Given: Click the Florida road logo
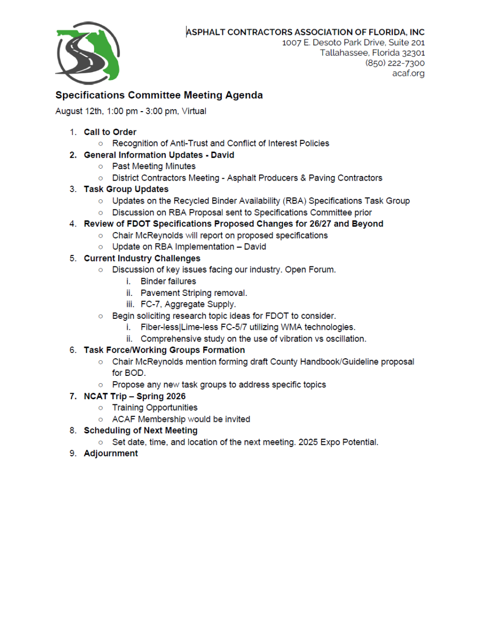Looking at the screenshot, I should pos(87,52).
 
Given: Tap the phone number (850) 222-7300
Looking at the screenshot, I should pos(395,63).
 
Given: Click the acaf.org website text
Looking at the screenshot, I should pos(408,73).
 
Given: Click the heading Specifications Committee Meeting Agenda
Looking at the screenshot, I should pos(159,96).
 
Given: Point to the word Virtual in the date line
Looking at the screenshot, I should pos(194,111).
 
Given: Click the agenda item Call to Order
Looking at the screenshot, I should pos(110,132).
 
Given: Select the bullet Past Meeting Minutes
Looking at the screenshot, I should pos(154,166).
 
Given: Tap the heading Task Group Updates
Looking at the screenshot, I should pos(126,189).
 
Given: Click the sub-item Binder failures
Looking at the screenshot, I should pos(168,281).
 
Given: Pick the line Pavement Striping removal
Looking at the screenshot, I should pos(194,293).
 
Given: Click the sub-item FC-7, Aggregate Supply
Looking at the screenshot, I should pos(188,304).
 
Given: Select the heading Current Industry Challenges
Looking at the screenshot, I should pos(142,258).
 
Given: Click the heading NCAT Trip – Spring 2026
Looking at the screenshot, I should pos(135,396).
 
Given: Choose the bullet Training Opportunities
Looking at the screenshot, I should pos(155,408).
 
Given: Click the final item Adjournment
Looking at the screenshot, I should pos(111,453).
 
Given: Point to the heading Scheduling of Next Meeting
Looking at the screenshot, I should pos(140,430).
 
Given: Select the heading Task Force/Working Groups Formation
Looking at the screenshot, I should pos(164,350).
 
